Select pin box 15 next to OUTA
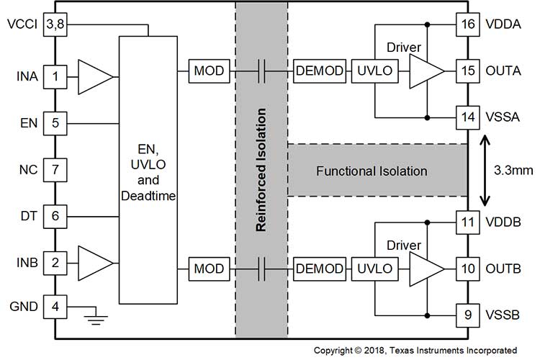[468, 71]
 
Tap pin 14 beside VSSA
[468, 115]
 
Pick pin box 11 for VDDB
[468, 223]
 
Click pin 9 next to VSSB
[468, 314]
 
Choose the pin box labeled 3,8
[55, 25]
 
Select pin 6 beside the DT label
[55, 215]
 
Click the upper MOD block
[209, 71]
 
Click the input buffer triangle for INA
[93, 75]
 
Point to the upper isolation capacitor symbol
[262, 71]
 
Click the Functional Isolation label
[372, 171]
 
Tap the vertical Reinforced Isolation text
[262, 170]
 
